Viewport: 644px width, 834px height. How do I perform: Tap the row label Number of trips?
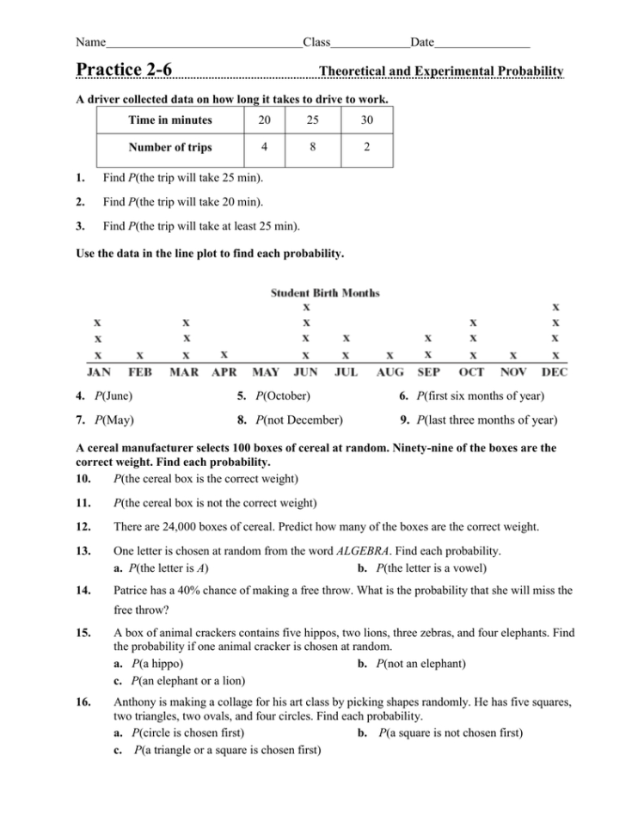pos(170,147)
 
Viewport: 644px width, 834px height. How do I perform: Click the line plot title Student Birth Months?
pos(325,292)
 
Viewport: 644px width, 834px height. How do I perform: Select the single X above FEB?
pos(141,354)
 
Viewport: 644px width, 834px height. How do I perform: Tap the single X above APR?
pos(224,353)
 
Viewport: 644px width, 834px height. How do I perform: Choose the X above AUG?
pos(389,354)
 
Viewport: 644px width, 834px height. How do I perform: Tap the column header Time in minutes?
pos(170,120)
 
